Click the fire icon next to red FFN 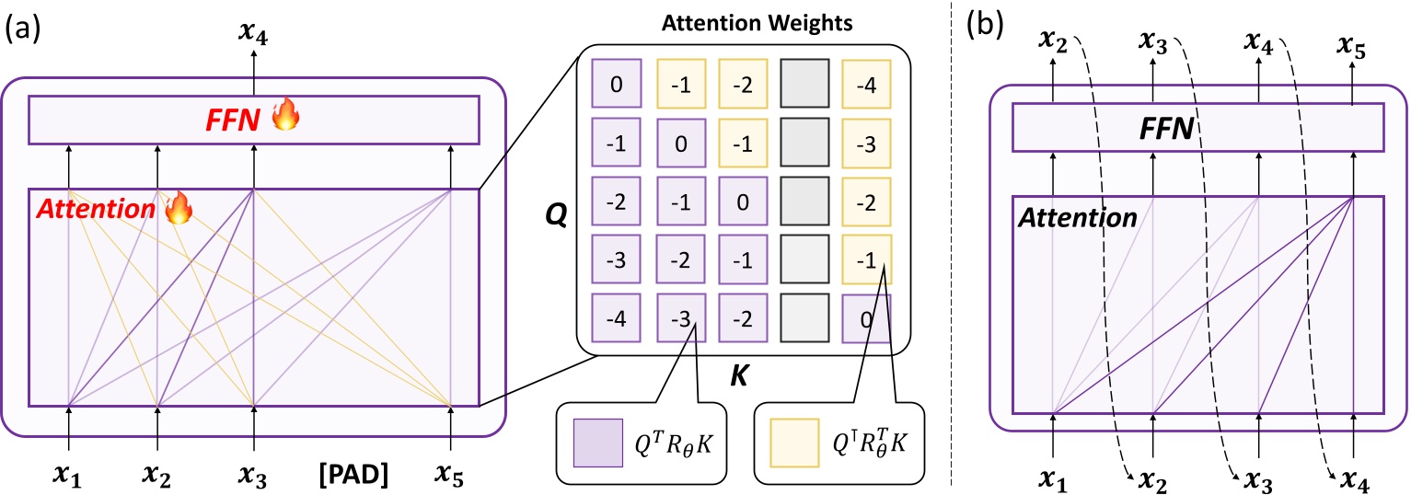coord(293,118)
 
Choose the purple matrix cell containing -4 coord(615,318)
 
